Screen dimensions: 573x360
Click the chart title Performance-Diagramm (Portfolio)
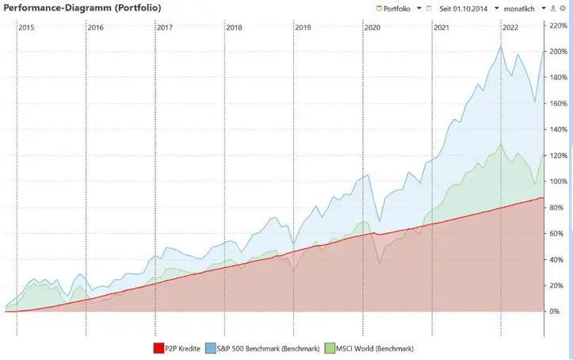pyautogui.click(x=82, y=8)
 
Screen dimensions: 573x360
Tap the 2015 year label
pyautogui.click(x=26, y=28)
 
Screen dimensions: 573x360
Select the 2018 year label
pyautogui.click(x=234, y=28)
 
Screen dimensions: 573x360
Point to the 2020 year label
pyautogui.click(x=372, y=28)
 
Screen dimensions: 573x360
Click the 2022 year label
pyautogui.click(x=510, y=28)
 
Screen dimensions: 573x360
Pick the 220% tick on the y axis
pyautogui.click(x=559, y=25)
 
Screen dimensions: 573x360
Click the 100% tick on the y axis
pyautogui.click(x=559, y=182)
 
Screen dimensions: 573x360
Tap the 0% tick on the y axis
pyautogui.click(x=555, y=312)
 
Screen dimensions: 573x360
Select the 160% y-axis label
pyautogui.click(x=559, y=103)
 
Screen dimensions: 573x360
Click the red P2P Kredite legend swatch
pyautogui.click(x=159, y=348)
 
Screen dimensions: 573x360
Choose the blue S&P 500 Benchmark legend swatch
pyautogui.click(x=211, y=348)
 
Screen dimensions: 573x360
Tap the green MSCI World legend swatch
pyautogui.click(x=330, y=348)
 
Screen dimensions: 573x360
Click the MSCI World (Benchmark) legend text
pyautogui.click(x=375, y=349)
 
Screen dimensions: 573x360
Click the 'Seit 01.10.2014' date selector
pyautogui.click(x=464, y=9)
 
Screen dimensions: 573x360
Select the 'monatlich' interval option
pyautogui.click(x=519, y=9)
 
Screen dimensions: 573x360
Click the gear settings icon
pyautogui.click(x=563, y=9)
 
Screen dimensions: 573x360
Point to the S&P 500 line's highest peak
pyautogui.click(x=501, y=45)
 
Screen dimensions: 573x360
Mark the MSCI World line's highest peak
pyautogui.click(x=501, y=144)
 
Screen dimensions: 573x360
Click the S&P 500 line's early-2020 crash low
pyautogui.click(x=380, y=221)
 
